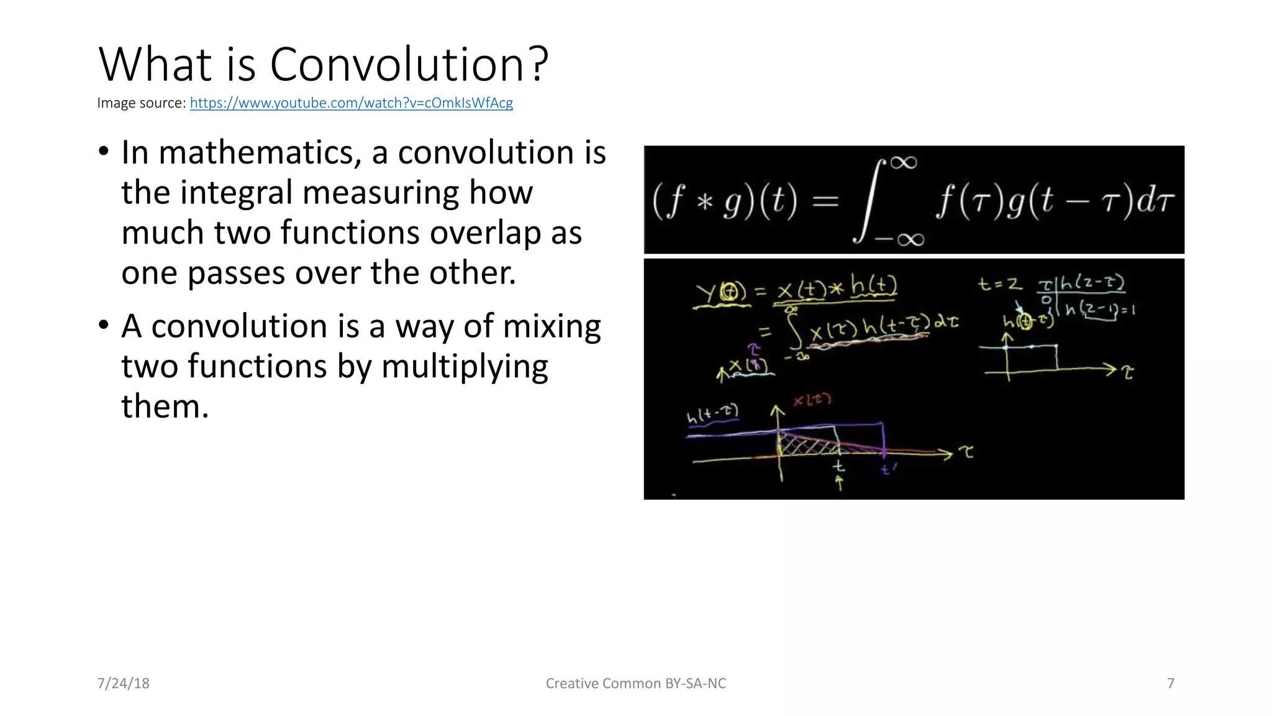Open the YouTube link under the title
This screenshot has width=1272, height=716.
click(351, 103)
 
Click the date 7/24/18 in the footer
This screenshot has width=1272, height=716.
click(123, 683)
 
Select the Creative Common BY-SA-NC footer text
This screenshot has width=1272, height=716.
click(635, 683)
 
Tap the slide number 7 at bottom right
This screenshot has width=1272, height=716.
click(1171, 683)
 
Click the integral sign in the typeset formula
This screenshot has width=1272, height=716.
click(870, 200)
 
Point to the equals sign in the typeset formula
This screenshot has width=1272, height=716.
click(825, 201)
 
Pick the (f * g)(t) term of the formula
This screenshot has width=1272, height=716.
click(724, 201)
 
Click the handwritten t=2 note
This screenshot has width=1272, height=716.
click(999, 285)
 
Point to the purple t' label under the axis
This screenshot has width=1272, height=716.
click(888, 470)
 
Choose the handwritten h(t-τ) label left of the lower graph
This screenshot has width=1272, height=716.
click(712, 414)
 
